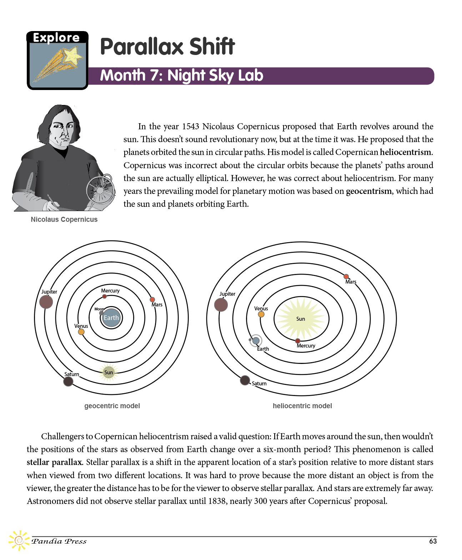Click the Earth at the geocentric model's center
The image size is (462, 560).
[x=111, y=318]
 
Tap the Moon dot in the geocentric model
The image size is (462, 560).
[x=101, y=313]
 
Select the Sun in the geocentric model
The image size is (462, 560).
[x=109, y=372]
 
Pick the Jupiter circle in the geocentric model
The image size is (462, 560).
[x=46, y=302]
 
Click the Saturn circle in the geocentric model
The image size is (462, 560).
[x=68, y=381]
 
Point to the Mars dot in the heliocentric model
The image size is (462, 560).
[x=346, y=276]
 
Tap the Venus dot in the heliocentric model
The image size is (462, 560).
[x=261, y=314]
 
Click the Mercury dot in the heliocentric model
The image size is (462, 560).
[x=298, y=341]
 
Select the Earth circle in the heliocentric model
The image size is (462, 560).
[x=256, y=341]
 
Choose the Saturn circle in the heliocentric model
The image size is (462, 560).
[x=245, y=380]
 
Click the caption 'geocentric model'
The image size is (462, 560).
[x=112, y=406]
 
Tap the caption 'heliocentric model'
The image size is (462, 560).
[x=302, y=406]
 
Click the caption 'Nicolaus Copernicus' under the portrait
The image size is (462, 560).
[x=64, y=219]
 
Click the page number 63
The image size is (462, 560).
[x=433, y=541]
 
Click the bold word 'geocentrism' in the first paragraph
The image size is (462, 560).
[x=369, y=191]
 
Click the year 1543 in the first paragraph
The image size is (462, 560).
[x=190, y=126]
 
